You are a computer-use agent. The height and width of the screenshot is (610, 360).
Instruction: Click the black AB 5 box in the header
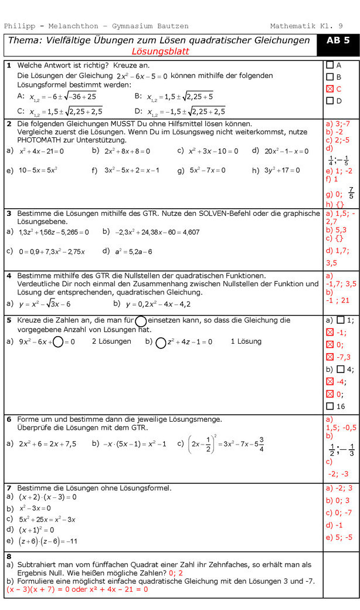(338, 40)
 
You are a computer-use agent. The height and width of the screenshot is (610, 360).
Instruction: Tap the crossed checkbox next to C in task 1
(330, 89)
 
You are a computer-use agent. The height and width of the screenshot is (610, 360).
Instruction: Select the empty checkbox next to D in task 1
(330, 101)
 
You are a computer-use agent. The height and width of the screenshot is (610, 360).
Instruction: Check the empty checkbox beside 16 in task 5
(330, 406)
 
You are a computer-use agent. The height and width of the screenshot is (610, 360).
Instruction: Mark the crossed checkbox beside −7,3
(330, 357)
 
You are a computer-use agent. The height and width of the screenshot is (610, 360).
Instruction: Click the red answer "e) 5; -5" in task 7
(339, 537)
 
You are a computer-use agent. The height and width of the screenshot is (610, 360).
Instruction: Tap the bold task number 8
(9, 556)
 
